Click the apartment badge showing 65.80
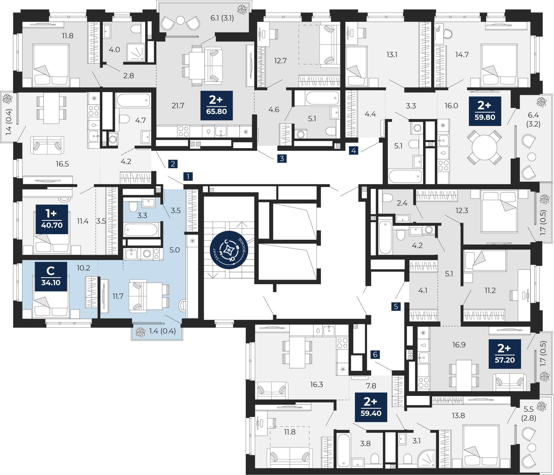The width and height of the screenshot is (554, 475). coord(217,105)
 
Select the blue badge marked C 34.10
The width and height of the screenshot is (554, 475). coord(51,277)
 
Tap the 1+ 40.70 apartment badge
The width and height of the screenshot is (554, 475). coord(52,219)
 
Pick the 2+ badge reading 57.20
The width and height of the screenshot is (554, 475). coord(505,354)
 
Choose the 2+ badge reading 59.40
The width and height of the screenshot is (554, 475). coord(371,407)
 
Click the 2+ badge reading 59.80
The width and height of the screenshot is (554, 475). coord(485,111)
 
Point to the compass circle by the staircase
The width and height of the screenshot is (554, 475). coord(229,250)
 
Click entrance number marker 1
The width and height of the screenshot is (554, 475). coord(188,176)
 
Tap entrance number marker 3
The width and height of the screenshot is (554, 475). coord(282,158)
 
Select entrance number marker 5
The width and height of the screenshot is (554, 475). coord(396,306)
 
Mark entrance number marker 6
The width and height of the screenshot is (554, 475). coord(375,354)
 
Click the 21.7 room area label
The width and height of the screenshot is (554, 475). coord(178,106)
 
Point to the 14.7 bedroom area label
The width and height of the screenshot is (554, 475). coord(462,55)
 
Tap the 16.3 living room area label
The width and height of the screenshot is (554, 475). coord(316,384)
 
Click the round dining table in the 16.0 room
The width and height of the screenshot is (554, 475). coord(484,147)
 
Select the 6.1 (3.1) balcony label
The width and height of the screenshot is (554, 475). coord(222,18)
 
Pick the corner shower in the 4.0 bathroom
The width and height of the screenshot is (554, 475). coord(136,52)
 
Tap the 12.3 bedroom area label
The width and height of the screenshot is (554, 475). coord(462,211)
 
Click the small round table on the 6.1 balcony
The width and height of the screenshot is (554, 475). coord(180,20)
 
